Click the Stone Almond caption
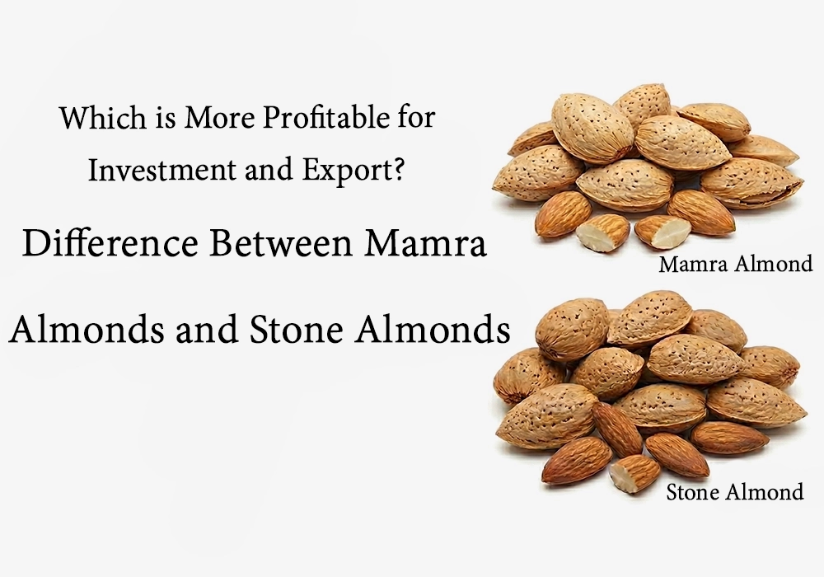click(x=733, y=492)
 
